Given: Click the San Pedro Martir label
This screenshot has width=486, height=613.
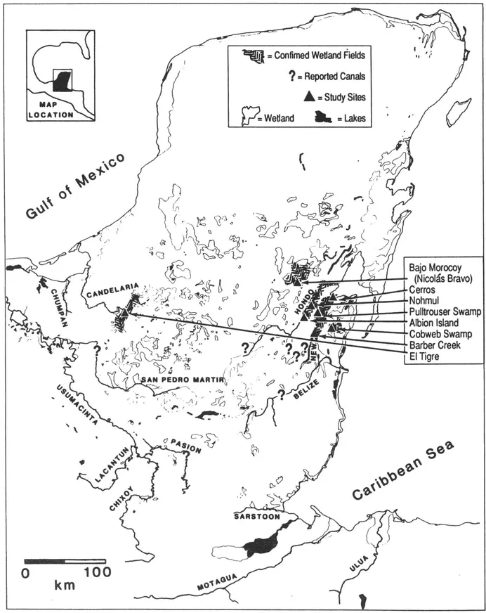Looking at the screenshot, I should pyautogui.click(x=182, y=380).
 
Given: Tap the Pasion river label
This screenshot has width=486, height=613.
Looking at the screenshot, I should pyautogui.click(x=185, y=447).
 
